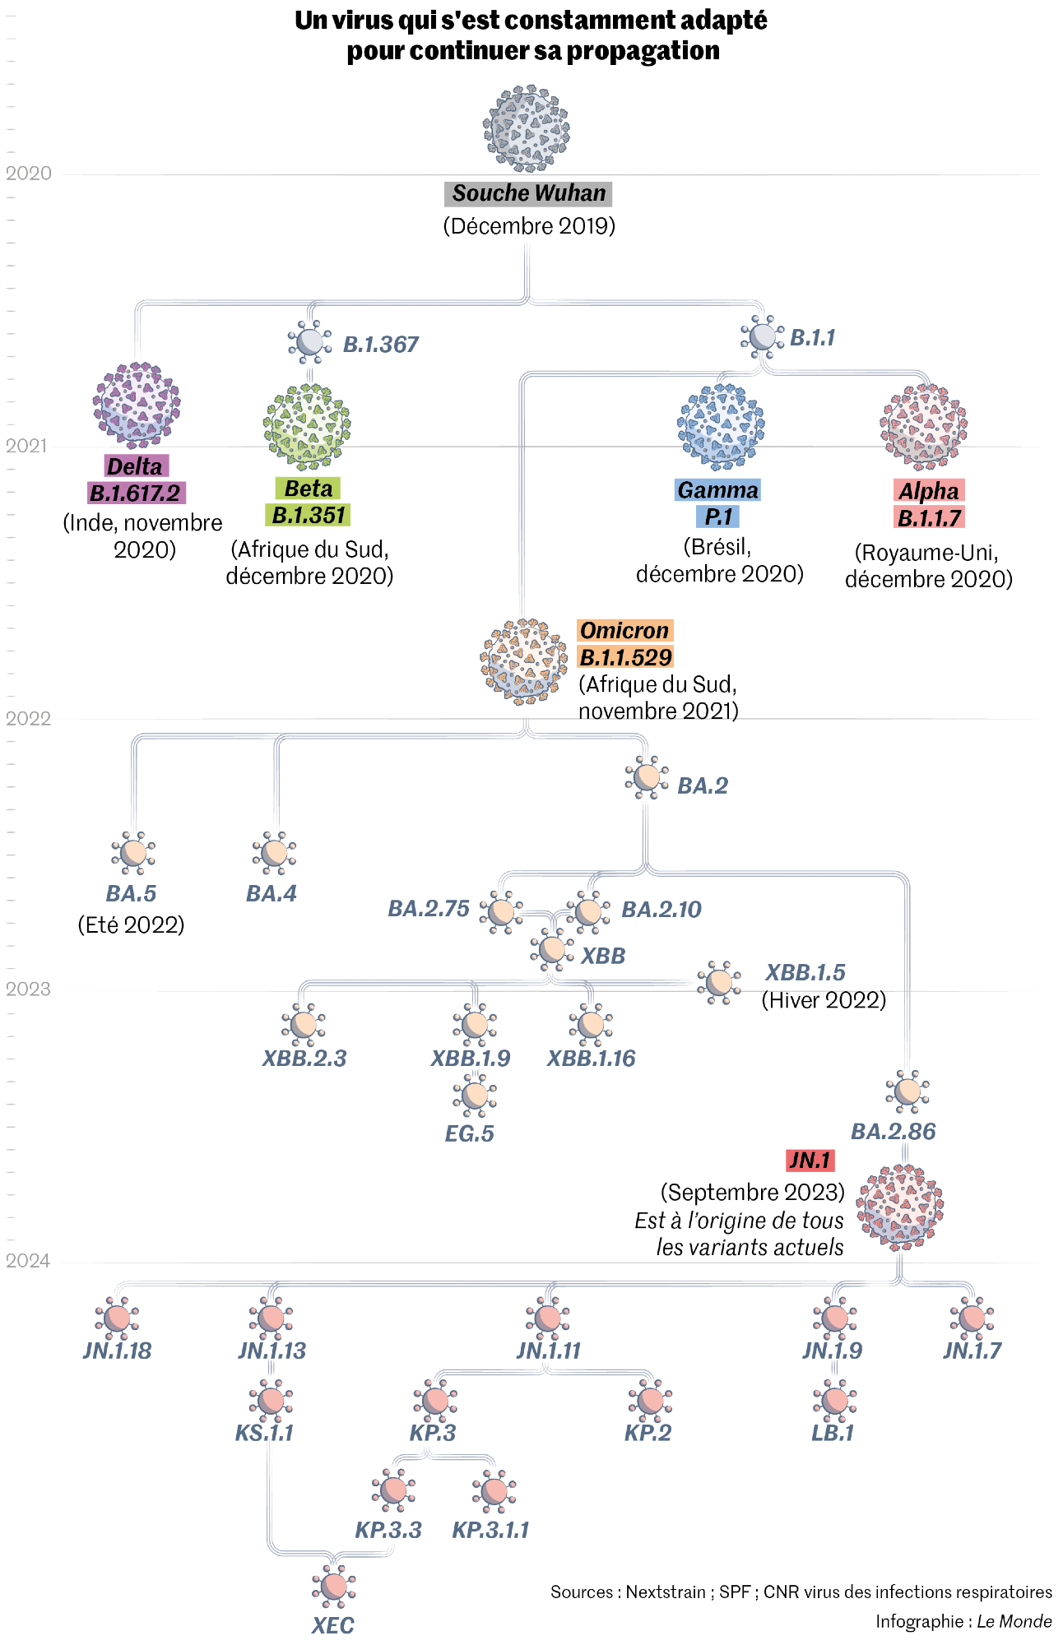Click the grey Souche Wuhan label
528,193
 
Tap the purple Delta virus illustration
137,405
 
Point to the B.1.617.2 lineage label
136,493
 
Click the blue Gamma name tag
717,490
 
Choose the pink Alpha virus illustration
924,427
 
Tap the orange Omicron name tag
624,631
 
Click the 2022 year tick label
28,718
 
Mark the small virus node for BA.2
647,777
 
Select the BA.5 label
131,893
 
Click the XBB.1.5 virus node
719,982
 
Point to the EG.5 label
469,1133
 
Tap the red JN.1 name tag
810,1161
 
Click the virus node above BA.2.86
907,1091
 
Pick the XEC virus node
334,1587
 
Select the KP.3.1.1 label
490,1530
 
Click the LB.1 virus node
834,1400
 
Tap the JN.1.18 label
118,1351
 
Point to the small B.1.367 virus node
310,341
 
